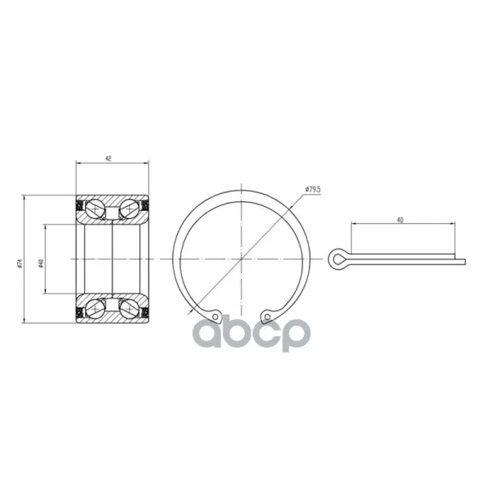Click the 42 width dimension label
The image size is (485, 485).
click(108, 158)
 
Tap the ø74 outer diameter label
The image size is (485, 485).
click(19, 264)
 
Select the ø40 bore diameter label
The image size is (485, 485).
click(41, 264)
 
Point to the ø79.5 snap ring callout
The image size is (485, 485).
click(313, 190)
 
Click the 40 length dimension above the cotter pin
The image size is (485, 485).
click(400, 220)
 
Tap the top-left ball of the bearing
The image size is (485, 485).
click(95, 209)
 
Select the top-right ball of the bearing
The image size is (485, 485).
click(129, 209)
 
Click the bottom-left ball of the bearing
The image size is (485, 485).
click(95, 309)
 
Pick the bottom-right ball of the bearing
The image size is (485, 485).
click(129, 309)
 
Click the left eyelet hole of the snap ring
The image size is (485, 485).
click(215, 316)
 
